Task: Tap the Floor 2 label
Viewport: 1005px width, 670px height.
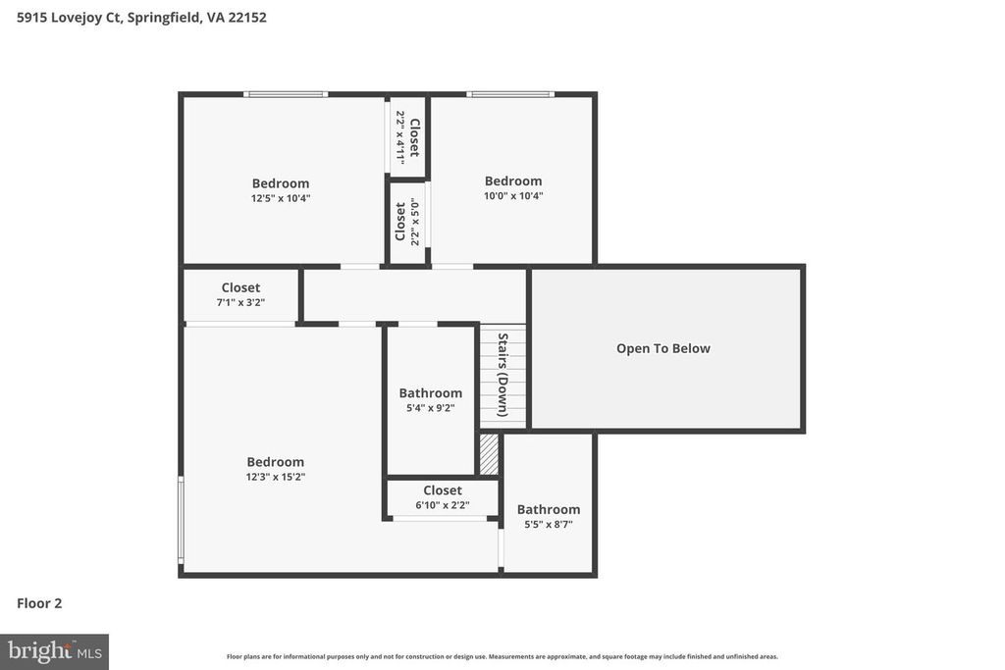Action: pos(39,603)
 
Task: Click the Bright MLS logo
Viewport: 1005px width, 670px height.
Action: pos(54,650)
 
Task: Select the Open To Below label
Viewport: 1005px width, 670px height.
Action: pos(663,348)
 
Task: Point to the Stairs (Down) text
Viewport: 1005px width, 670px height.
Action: pos(502,375)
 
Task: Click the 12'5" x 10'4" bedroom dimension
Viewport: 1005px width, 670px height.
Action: pos(280,198)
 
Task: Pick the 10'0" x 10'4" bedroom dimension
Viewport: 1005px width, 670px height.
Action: pos(512,196)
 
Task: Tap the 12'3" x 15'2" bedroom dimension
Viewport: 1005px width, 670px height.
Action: pos(275,478)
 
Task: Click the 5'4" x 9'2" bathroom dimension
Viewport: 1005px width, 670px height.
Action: pos(430,408)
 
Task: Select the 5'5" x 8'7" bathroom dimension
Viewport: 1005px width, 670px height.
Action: pos(548,525)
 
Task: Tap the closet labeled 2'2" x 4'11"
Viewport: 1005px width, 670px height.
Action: pos(407,137)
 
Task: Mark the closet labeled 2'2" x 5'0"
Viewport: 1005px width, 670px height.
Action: pos(407,223)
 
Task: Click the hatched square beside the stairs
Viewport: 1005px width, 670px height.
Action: pos(489,454)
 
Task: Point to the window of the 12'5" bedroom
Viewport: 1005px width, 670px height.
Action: pos(286,94)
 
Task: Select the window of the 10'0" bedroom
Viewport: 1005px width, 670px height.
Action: pos(509,94)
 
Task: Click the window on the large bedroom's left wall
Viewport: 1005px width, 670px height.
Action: pos(181,520)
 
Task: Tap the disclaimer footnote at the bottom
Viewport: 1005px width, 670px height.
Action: pos(502,657)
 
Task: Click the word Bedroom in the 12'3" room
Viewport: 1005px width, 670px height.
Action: pos(275,462)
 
